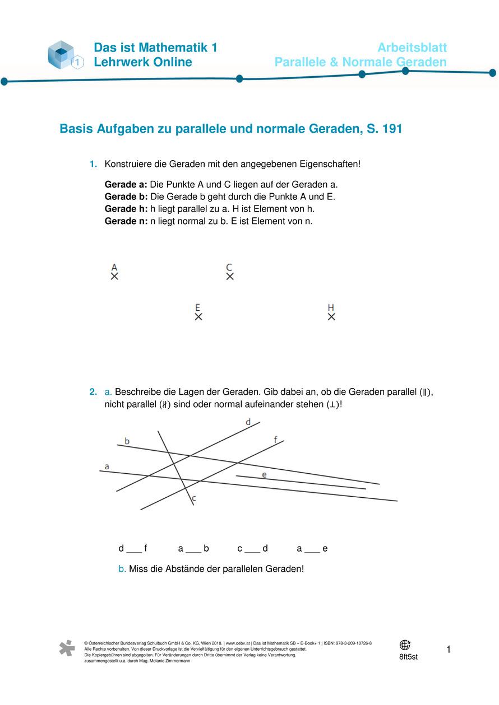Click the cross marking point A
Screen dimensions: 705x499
(x=114, y=276)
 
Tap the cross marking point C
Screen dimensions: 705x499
(x=230, y=276)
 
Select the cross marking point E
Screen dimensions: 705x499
(x=198, y=317)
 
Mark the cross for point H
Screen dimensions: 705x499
(x=331, y=317)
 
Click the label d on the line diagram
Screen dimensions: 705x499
(x=248, y=422)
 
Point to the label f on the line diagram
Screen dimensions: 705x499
(x=276, y=440)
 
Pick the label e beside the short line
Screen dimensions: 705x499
(x=264, y=475)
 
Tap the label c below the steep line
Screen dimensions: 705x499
(x=194, y=498)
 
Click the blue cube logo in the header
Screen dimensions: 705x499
(x=63, y=55)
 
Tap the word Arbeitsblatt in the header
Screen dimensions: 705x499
(x=412, y=48)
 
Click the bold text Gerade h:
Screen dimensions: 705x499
(x=126, y=209)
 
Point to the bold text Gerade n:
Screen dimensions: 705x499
(x=126, y=221)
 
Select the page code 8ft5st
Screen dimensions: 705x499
(x=408, y=657)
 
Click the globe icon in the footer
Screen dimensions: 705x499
(x=405, y=645)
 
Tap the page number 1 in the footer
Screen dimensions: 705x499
(x=449, y=650)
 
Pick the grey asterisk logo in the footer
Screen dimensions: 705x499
(x=67, y=648)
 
